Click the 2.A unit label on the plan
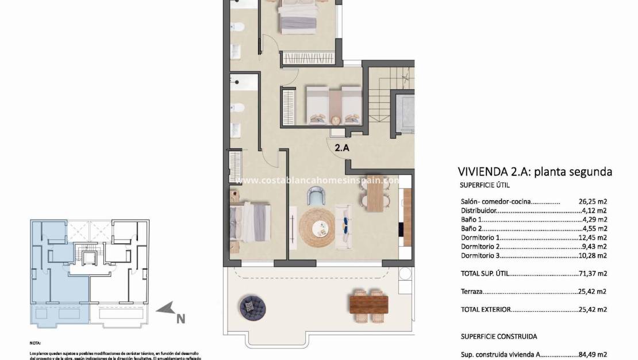coord(342,148)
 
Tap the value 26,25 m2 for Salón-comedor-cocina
coord(593,202)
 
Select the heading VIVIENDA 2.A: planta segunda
coord(535,171)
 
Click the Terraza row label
coord(471,292)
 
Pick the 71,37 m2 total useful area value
coord(593,274)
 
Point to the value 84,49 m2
coord(593,355)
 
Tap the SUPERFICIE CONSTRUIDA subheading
coord(499,336)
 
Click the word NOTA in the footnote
coord(36,342)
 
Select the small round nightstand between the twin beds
coord(334,119)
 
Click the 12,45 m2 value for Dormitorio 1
coord(593,238)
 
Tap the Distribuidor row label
coord(478,211)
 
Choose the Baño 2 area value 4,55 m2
coord(594,229)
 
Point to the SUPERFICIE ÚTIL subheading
coord(485,185)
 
